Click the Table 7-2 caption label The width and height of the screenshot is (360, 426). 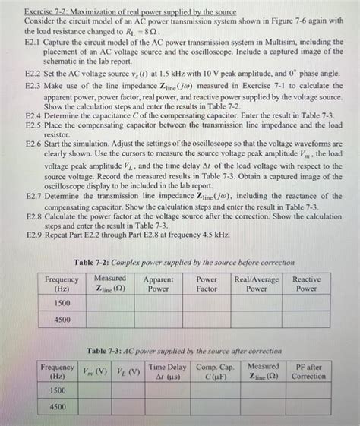pyautogui.click(x=182, y=261)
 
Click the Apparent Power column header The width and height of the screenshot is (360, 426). pyautogui.click(x=158, y=284)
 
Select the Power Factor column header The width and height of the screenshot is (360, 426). pyautogui.click(x=207, y=284)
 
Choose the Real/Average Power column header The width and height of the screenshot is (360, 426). pyautogui.click(x=257, y=284)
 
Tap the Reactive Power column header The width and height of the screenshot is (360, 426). pyautogui.click(x=307, y=284)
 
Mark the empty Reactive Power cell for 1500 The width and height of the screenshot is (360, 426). pyautogui.click(x=307, y=302)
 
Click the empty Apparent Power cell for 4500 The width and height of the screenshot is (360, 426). pyautogui.click(x=158, y=320)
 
